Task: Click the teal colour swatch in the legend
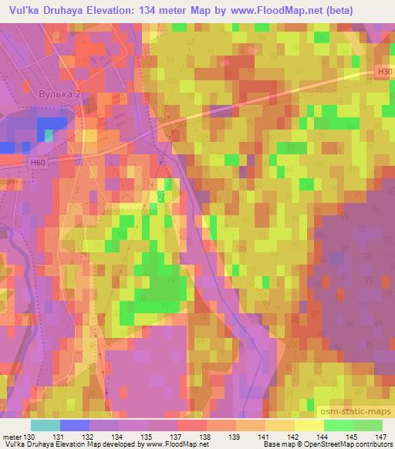coord(46,425)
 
